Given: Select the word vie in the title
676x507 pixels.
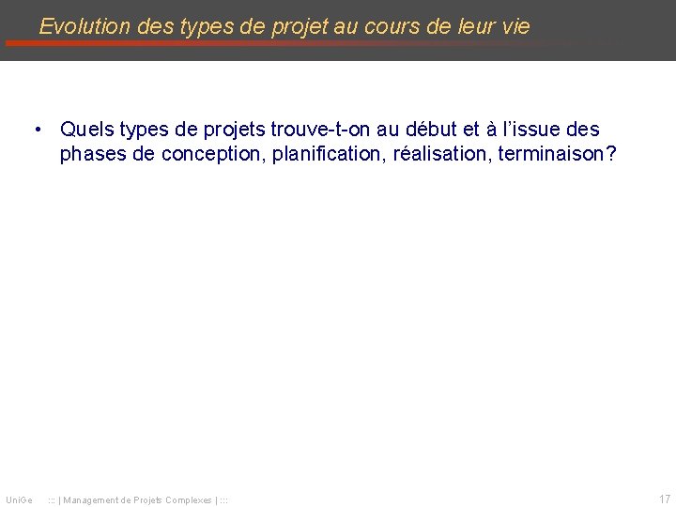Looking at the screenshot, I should coord(515,26).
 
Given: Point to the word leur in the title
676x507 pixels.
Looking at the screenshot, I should coord(473,26).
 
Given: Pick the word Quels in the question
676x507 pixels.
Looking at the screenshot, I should coord(86,129).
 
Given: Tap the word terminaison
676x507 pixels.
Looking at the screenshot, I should coord(552,153).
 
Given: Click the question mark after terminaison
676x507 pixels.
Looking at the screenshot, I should coord(612,153).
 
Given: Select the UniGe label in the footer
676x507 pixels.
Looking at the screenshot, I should coord(19,499).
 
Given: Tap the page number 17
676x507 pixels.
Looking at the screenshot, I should coord(665,499).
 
